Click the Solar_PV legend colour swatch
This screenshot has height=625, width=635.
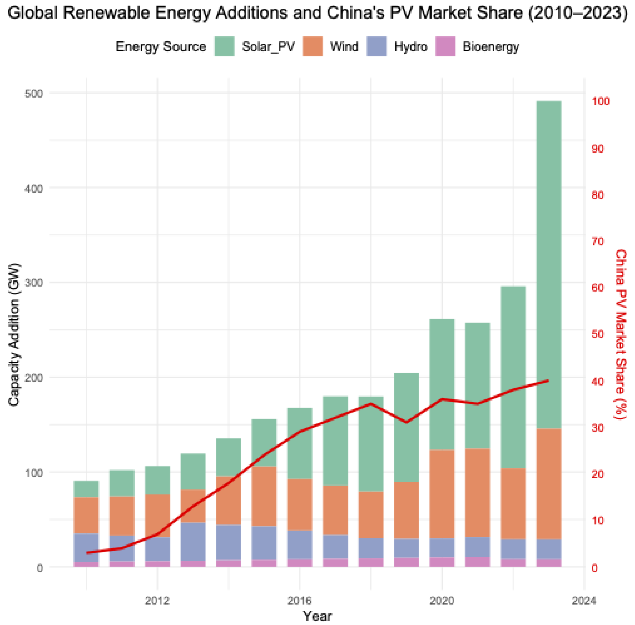pos(224,46)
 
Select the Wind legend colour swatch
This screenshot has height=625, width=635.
pos(312,46)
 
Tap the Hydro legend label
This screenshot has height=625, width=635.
pos(411,47)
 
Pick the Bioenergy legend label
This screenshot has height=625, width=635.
pos(490,47)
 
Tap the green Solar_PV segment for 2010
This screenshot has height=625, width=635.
pos(86,489)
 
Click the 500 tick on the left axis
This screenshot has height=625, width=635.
pos(34,94)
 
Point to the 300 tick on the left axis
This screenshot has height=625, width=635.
pos(34,283)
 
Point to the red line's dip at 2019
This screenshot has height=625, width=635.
pos(407,422)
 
